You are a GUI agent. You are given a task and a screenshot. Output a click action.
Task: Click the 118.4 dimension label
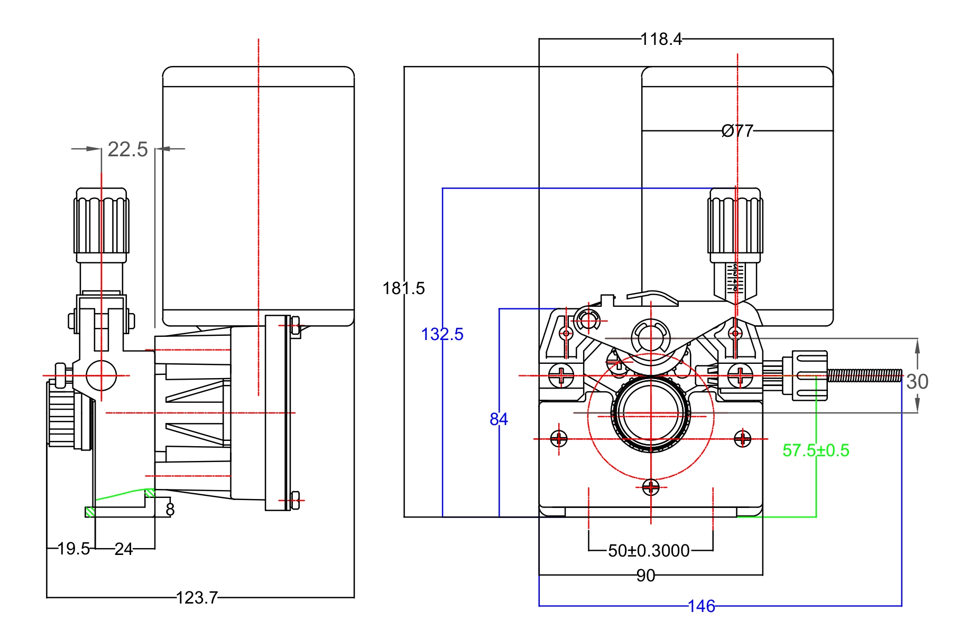point(661,39)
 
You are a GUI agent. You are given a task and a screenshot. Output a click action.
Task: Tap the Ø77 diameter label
point(737,130)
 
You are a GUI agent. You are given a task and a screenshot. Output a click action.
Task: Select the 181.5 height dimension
point(403,288)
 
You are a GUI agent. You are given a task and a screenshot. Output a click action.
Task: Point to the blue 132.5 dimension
point(442,334)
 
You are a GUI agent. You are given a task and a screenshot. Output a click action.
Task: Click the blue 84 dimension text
point(499,419)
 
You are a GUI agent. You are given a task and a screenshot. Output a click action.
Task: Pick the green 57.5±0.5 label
point(816,450)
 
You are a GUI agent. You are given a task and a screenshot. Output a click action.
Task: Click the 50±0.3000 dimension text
point(649,551)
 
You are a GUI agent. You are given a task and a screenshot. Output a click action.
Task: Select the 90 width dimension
point(646,576)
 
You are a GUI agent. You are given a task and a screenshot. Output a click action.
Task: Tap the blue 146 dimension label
point(702,606)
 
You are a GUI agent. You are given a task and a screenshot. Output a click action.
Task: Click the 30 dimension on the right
point(917,382)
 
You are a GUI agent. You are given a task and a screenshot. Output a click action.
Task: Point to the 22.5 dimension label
point(127,149)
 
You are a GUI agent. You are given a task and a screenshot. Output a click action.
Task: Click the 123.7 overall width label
point(197,598)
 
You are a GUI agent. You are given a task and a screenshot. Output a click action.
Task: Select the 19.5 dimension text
point(73,549)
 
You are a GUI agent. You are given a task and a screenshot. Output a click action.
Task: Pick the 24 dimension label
point(124,549)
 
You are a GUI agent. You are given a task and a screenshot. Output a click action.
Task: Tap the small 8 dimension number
point(170,510)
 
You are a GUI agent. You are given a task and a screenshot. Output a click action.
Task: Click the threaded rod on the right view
point(864,375)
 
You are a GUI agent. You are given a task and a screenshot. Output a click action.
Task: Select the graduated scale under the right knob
point(735,278)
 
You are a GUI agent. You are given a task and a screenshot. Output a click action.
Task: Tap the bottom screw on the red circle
point(651,487)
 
